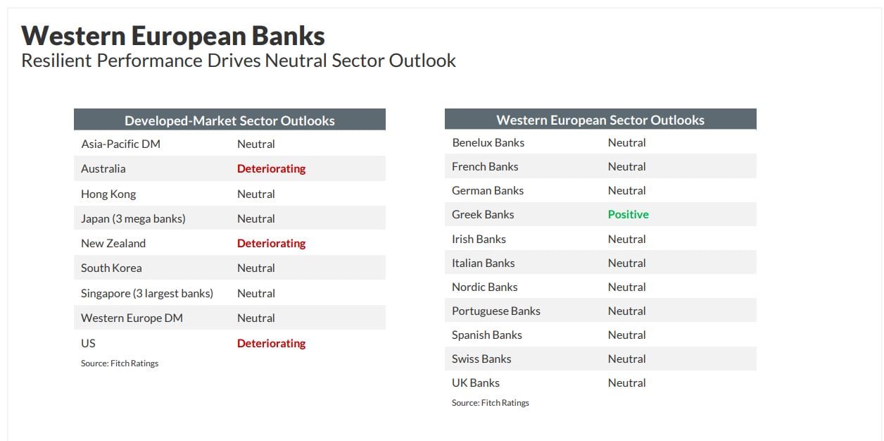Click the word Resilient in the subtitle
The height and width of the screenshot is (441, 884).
tap(56, 61)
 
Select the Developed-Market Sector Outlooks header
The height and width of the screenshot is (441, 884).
tap(229, 120)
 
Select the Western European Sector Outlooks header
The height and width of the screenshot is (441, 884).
tap(600, 120)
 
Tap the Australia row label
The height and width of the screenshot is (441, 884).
tap(103, 169)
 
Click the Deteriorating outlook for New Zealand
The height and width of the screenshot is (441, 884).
tap(272, 243)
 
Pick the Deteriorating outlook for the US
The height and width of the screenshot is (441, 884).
tap(272, 343)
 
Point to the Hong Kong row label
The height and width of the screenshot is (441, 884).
tap(108, 194)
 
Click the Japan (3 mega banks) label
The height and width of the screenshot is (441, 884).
tap(134, 218)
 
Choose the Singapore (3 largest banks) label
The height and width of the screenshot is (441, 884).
tap(147, 293)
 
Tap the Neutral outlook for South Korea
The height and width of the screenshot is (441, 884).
tap(256, 268)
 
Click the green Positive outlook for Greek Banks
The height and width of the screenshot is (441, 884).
tap(629, 214)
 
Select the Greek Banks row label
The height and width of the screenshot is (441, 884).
tap(483, 214)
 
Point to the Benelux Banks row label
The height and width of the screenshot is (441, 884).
tap(488, 142)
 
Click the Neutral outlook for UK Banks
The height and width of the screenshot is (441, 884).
tap(626, 383)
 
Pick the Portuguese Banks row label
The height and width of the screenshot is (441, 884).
tap(496, 311)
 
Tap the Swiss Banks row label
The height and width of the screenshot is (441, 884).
tap(481, 359)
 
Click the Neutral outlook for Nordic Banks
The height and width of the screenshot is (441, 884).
tap(626, 287)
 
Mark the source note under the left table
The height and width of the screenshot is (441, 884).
tap(120, 363)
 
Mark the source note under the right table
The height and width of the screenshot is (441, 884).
tap(491, 403)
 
